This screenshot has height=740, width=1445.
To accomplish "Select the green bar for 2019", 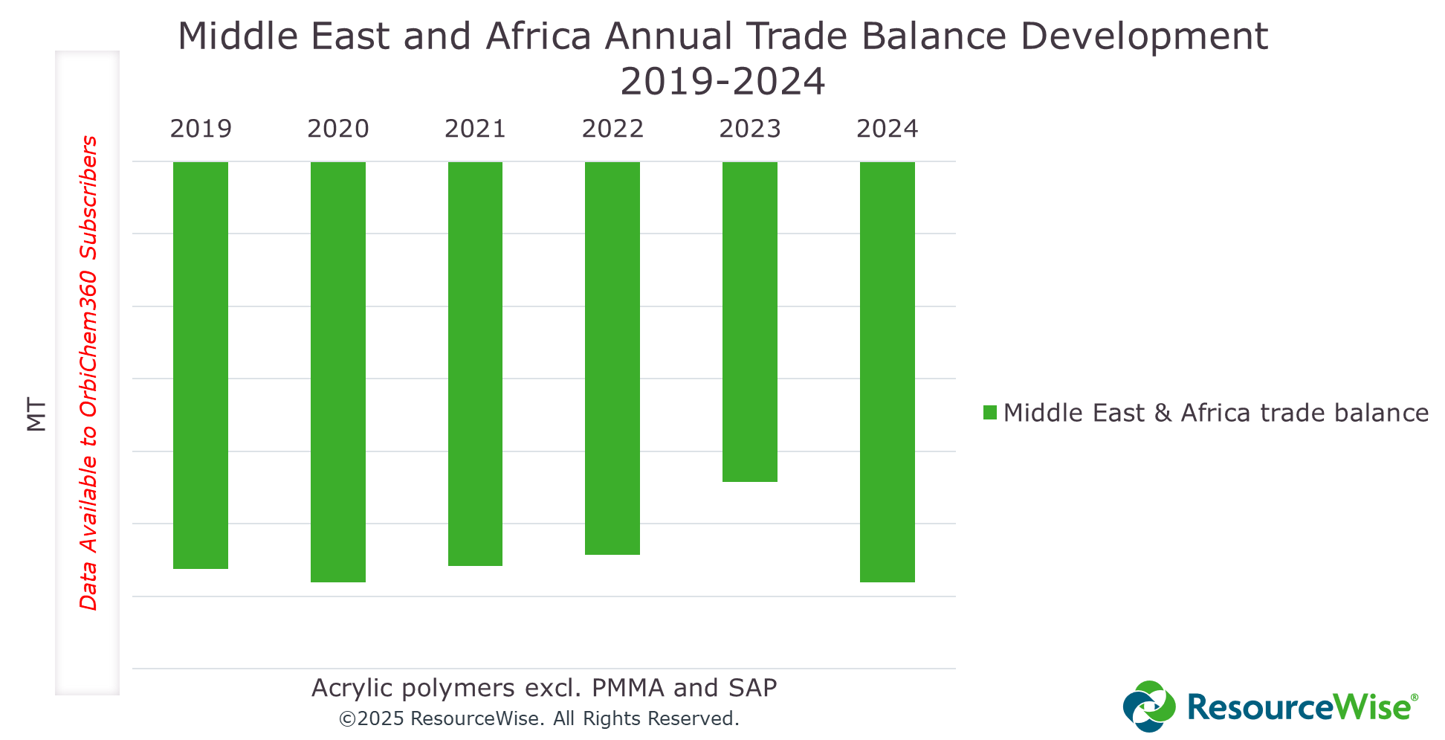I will tap(201, 364).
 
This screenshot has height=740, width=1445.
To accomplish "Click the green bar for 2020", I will tap(338, 371).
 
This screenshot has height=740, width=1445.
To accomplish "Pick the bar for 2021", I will tap(475, 363).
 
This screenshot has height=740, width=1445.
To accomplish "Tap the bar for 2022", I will tap(612, 358).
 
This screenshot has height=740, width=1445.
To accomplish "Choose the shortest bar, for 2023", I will tap(750, 321).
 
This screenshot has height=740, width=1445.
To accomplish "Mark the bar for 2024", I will tap(888, 371).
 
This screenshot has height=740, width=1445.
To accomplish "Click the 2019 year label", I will tap(201, 129).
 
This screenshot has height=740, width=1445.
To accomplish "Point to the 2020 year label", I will tap(338, 129).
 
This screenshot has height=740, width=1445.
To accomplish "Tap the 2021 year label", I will tap(475, 129).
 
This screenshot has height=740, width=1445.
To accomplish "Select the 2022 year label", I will tap(612, 129).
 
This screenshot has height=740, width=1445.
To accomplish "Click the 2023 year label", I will tap(750, 129).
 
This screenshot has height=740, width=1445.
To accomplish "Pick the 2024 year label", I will tap(888, 129).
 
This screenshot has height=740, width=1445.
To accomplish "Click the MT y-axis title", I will tap(36, 414).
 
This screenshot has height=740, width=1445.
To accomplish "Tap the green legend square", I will tap(990, 413).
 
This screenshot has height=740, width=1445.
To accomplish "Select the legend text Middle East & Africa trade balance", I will tap(1215, 413).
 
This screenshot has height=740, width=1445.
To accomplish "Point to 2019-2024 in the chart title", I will tap(722, 81).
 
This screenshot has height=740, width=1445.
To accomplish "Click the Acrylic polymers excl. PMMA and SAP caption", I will tap(544, 688).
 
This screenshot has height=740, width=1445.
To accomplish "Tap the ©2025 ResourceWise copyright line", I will tap(539, 718).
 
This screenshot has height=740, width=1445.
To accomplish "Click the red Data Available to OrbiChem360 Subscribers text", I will tap(88, 373).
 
